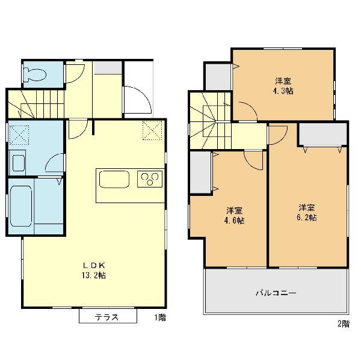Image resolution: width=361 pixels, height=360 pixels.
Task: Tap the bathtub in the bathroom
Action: pyautogui.click(x=21, y=206)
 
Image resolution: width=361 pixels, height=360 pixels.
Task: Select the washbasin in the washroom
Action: pyautogui.click(x=19, y=163)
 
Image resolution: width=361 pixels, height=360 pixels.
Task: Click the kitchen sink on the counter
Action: pyautogui.click(x=114, y=179)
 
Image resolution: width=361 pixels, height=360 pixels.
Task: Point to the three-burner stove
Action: pyautogui.click(x=150, y=178)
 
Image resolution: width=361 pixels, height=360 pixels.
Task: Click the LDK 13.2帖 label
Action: pyautogui.click(x=94, y=270)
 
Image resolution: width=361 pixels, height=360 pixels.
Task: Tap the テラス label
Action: pyautogui.click(x=106, y=317)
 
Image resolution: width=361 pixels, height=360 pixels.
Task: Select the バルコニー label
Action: pyautogui.click(x=276, y=293)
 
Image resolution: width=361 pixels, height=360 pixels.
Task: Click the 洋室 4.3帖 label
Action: pyautogui.click(x=283, y=86)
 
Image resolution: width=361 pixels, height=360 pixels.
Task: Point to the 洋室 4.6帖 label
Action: pyautogui.click(x=234, y=216)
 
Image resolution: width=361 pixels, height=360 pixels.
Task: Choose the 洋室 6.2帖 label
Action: pyautogui.click(x=307, y=212)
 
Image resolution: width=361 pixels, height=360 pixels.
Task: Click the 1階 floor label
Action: pyautogui.click(x=160, y=318)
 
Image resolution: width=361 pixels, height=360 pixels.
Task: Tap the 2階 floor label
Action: pyautogui.click(x=344, y=324)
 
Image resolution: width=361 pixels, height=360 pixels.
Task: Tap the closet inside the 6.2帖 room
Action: pyautogui.click(x=322, y=134)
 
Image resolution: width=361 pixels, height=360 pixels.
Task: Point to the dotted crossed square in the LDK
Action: pyautogui.click(x=152, y=130)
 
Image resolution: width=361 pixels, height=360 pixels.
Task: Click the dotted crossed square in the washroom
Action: pyautogui.click(x=19, y=135)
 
